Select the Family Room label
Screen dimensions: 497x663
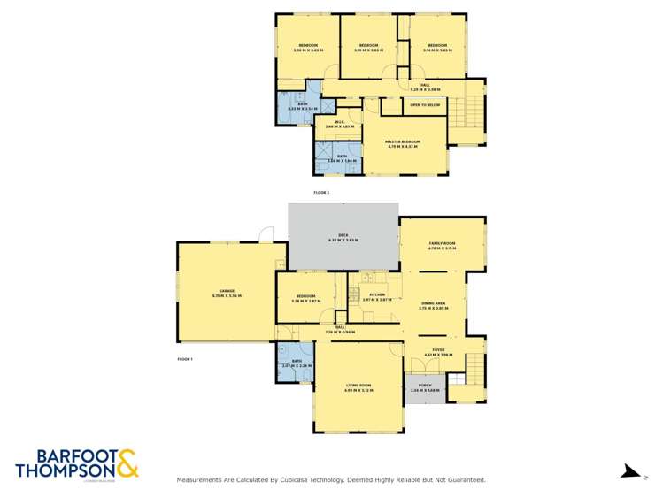tap(442, 243)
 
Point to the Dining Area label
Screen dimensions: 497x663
tap(433, 303)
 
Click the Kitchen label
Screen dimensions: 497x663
tap(376, 294)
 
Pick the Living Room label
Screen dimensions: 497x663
tap(358, 386)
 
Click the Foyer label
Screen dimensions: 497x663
tap(437, 350)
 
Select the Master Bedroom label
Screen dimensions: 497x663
tap(402, 141)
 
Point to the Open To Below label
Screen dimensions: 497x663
tap(425, 104)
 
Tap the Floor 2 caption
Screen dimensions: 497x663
tap(321, 192)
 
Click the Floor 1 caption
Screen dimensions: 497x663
tap(185, 359)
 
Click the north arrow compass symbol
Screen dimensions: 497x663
tap(629, 471)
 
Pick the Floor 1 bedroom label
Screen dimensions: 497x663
tap(306, 296)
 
